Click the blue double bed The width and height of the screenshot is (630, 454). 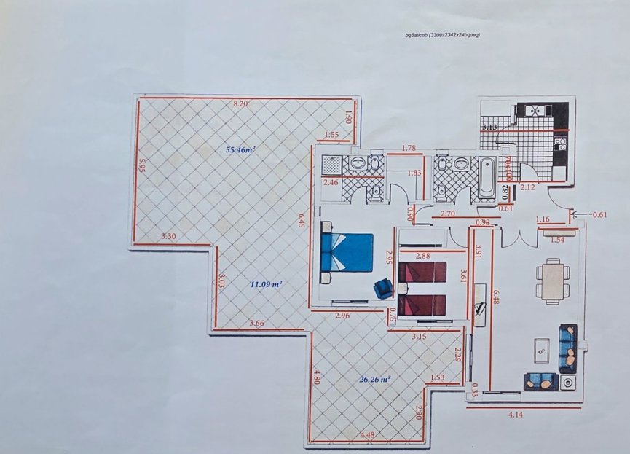348,253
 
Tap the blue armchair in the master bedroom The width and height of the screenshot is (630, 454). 382,289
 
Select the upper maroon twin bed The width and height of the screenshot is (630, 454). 422,272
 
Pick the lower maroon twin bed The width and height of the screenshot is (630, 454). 422,305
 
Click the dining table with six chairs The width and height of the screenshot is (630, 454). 554,280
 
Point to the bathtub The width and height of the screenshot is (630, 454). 486,177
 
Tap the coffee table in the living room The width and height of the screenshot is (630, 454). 541,351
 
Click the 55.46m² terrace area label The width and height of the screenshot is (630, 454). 240,150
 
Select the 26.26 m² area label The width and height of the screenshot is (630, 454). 375,379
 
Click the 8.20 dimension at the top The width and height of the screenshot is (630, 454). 240,104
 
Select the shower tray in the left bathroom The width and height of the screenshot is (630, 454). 331,163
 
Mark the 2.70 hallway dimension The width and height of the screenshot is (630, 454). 448,214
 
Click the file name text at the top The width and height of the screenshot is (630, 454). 443,34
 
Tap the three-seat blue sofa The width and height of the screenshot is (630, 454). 567,348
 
